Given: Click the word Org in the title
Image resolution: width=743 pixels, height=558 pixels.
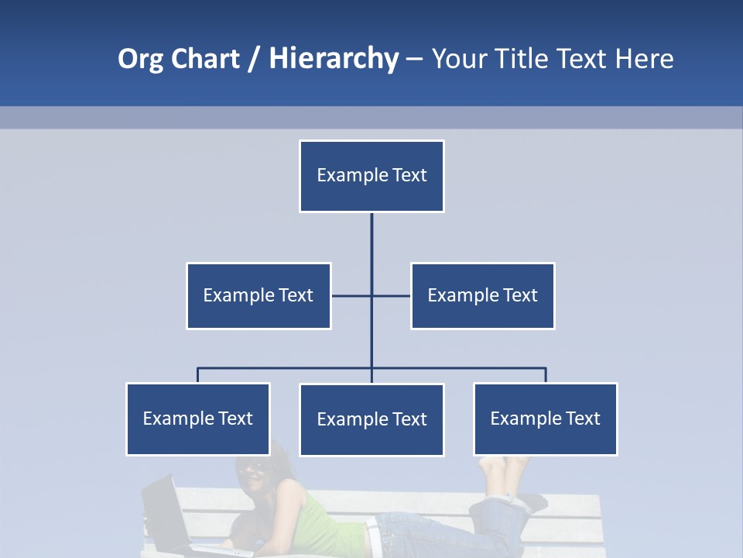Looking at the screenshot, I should click(x=142, y=59).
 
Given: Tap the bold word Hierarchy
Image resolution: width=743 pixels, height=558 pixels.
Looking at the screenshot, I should click(x=334, y=59).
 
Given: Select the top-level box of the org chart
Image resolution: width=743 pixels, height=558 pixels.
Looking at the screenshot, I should click(x=371, y=176).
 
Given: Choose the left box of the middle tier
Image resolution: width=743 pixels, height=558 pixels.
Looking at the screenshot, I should click(x=259, y=295).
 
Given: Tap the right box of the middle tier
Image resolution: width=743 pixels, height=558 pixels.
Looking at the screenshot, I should click(x=482, y=295).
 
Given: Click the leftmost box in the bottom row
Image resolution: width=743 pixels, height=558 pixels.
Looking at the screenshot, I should click(x=198, y=418).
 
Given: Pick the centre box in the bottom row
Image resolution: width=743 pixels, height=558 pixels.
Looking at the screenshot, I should click(x=371, y=419).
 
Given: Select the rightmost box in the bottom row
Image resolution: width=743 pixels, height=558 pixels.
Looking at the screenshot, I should click(x=545, y=418).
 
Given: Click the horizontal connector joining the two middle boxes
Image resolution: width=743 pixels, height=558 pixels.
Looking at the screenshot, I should click(x=391, y=295).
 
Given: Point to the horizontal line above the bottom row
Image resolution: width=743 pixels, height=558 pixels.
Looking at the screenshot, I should click(x=286, y=368).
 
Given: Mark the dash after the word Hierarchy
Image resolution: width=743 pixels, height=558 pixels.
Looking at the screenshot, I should click(x=414, y=60).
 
